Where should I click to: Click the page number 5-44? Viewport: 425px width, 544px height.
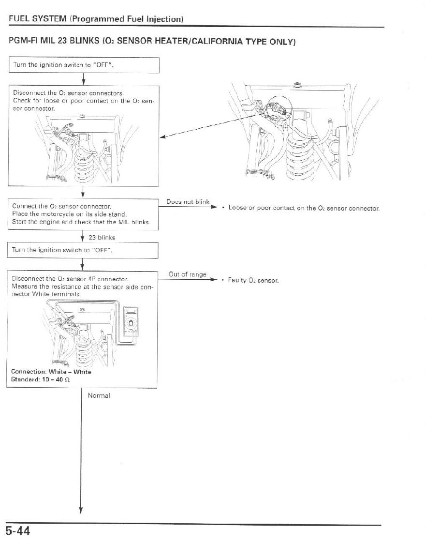coord(18,531)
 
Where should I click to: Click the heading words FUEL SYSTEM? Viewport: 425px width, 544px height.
coord(37,19)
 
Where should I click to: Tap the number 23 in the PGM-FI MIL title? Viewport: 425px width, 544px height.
coord(62,42)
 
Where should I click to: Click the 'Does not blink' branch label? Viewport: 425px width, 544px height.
coord(187,202)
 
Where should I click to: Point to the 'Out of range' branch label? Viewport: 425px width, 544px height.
coord(188,274)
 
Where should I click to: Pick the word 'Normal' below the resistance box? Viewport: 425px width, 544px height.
coord(99,395)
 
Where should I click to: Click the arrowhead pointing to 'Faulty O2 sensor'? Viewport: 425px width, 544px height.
coord(211,280)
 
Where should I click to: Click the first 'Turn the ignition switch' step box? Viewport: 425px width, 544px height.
coord(84,64)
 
